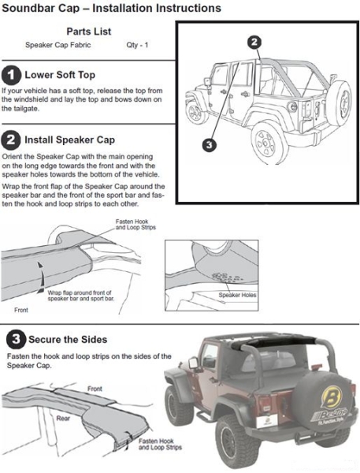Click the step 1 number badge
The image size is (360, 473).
click(x=11, y=75)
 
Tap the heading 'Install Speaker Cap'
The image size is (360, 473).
click(x=69, y=140)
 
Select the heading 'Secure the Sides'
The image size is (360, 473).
click(x=68, y=340)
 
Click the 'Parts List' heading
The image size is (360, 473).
click(x=89, y=32)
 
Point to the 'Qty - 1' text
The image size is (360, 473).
click(x=137, y=45)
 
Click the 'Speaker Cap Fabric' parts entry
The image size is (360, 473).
click(x=58, y=45)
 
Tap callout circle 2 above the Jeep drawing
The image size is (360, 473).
click(x=254, y=42)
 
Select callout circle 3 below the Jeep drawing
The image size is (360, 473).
click(x=210, y=145)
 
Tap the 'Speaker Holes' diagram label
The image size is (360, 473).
click(x=237, y=295)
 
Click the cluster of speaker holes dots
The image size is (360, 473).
click(x=226, y=277)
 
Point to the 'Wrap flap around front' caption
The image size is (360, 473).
click(x=81, y=296)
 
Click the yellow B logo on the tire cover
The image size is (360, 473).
click(x=332, y=397)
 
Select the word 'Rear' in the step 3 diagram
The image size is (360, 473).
click(x=63, y=419)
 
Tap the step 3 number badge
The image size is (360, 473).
click(x=16, y=339)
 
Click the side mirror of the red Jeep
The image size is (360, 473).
click(x=193, y=363)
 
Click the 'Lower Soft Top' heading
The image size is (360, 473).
click(x=60, y=75)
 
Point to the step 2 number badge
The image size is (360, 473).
click(x=11, y=140)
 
